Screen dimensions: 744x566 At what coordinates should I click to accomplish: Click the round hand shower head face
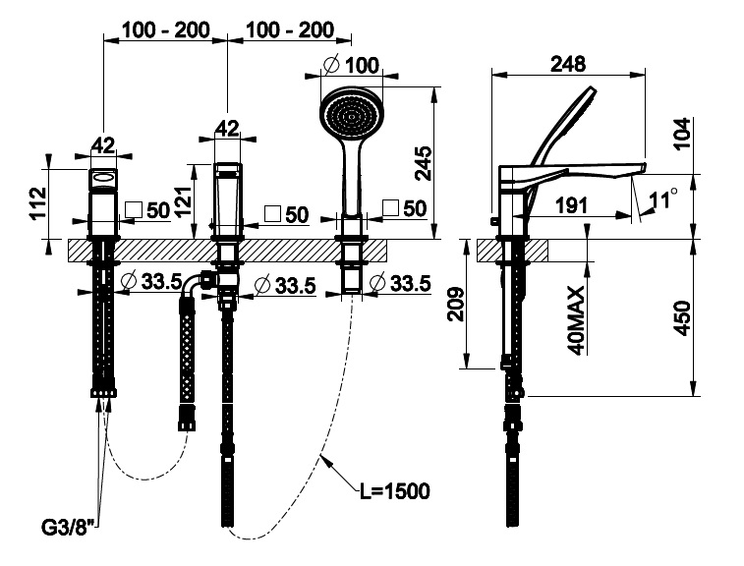coord(351,115)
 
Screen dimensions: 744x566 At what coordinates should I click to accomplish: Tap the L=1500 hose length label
coord(394,491)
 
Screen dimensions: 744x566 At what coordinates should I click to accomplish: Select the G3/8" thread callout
coord(65,528)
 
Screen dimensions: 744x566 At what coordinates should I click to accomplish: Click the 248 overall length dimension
coord(567,64)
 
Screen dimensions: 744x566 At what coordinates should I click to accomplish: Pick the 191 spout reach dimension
coord(571,205)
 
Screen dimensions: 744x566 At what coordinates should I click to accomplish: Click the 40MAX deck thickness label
coord(576,320)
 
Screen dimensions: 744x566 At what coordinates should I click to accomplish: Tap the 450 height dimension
coord(683,317)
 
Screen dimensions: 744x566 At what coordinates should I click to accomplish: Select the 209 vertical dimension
coord(456,304)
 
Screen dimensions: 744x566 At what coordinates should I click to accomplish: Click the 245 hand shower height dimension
coord(423,164)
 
